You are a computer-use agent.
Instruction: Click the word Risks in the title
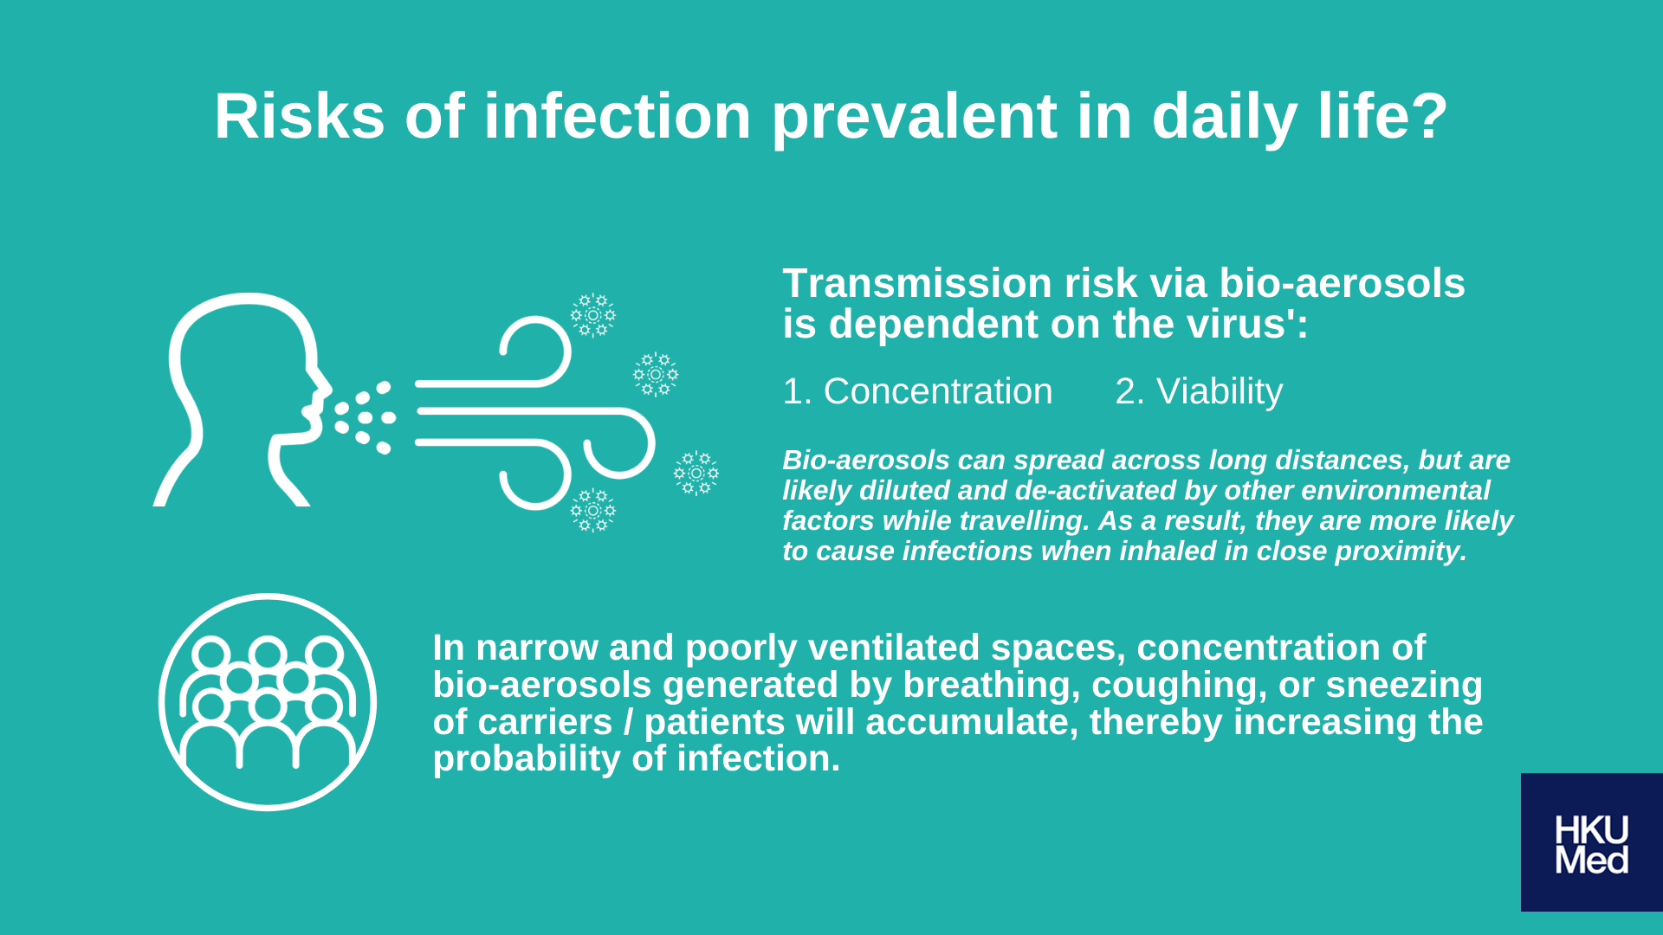tap(299, 116)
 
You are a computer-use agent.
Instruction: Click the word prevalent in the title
tap(914, 119)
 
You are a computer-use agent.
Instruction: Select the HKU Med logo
tap(1592, 841)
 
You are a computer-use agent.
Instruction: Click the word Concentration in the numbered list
tap(938, 391)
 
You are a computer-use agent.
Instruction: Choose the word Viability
tap(1220, 392)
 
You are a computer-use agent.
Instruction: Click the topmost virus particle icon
tap(593, 315)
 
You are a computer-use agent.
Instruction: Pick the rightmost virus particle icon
tap(696, 473)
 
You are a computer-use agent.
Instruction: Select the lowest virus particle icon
tap(593, 510)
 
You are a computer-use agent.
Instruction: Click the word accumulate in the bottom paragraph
tap(972, 722)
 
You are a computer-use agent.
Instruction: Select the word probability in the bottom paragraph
tap(526, 759)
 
